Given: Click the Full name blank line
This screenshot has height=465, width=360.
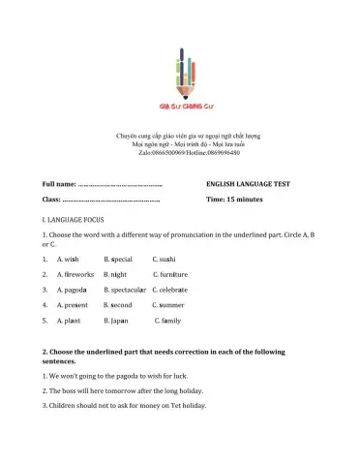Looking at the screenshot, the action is point(120,183).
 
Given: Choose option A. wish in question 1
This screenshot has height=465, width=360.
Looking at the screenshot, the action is point(68,260).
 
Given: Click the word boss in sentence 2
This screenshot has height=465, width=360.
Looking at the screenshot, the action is point(76,389).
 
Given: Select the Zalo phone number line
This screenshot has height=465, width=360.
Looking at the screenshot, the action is point(179,153).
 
